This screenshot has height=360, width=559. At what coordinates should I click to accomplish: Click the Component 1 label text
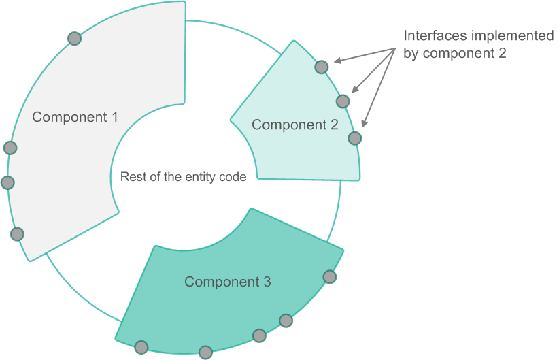75,117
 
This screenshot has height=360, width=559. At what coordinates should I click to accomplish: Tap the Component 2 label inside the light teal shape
294,125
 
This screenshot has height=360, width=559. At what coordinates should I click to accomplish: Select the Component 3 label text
228,282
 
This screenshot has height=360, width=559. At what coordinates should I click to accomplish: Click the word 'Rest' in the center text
131,177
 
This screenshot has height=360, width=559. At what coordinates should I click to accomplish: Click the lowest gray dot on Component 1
18,234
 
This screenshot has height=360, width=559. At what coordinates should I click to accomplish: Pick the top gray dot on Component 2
322,67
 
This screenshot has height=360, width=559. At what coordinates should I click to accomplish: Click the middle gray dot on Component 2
343,101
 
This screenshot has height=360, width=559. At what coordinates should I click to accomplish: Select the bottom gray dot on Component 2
354,138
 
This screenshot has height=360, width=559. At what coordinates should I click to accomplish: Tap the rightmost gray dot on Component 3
330,277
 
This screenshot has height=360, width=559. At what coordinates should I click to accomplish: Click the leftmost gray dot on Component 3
141,348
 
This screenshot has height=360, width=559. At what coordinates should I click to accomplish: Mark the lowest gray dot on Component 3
205,353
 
